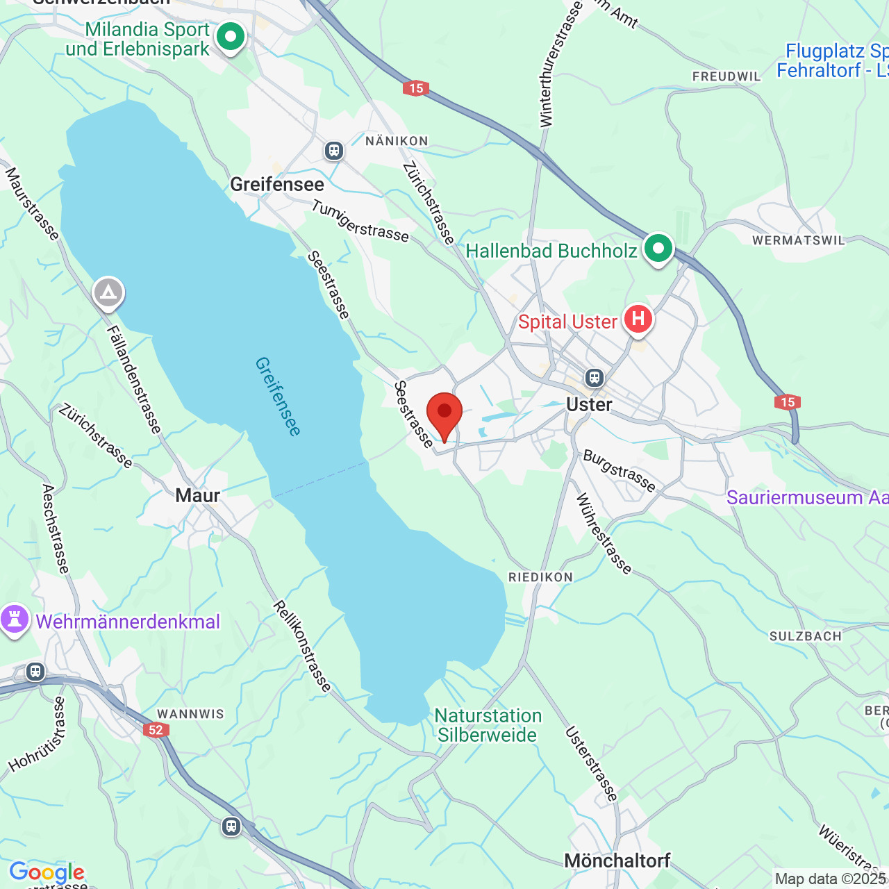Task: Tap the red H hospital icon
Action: pos(638,319)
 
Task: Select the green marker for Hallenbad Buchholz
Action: pos(658,249)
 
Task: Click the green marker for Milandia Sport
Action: pos(231,36)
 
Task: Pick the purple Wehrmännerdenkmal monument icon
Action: pos(15,620)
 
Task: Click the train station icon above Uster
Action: pos(594,378)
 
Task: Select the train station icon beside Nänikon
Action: pos(334,150)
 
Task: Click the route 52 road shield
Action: pos(155,730)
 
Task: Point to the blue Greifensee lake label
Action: pos(278,397)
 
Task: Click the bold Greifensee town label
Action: pos(277,185)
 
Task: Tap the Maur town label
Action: pos(197,496)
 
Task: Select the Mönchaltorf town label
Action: pos(617,861)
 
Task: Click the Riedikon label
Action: pos(540,577)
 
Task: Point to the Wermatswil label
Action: pos(798,240)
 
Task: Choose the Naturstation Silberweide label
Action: pos(488,725)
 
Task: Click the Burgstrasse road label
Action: pos(620,471)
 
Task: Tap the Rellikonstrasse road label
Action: pos(302,647)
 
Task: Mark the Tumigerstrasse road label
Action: pos(360,221)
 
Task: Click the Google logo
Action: pos(47,872)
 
